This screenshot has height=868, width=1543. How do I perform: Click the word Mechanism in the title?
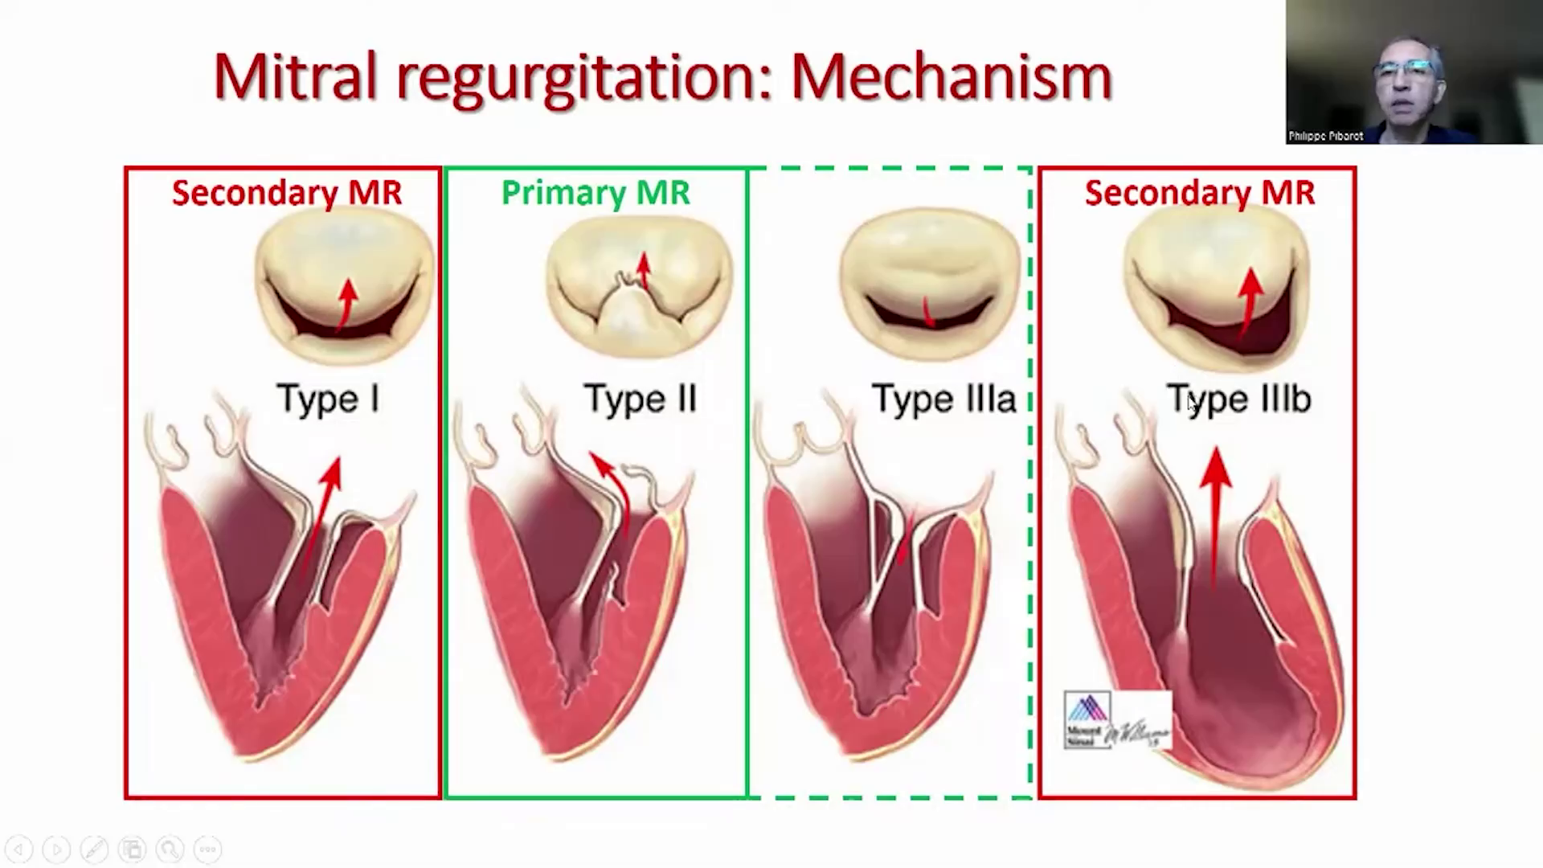pyautogui.click(x=952, y=76)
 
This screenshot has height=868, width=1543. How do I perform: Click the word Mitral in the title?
pyautogui.click(x=295, y=76)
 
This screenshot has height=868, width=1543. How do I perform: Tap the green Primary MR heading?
pyautogui.click(x=596, y=193)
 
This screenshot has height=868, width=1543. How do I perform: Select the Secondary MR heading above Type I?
pyautogui.click(x=287, y=193)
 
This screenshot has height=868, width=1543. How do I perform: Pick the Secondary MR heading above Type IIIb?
pyautogui.click(x=1199, y=193)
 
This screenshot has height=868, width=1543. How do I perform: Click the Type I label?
pyautogui.click(x=328, y=399)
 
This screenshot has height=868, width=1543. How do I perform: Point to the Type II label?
pyautogui.click(x=640, y=399)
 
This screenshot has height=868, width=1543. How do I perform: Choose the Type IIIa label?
pyautogui.click(x=943, y=399)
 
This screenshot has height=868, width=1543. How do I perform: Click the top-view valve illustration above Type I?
pyautogui.click(x=344, y=285)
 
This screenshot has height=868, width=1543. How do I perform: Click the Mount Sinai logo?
pyautogui.click(x=1087, y=719)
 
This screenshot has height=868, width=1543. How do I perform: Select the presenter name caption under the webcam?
pyautogui.click(x=1325, y=137)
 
